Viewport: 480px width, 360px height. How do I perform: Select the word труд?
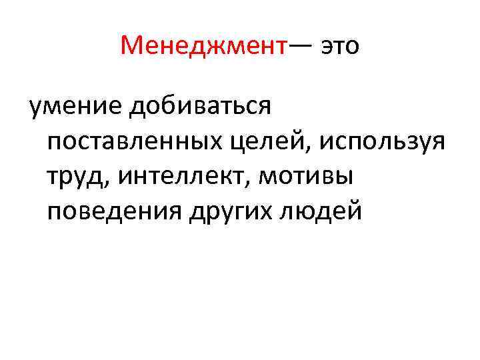[x=73, y=177]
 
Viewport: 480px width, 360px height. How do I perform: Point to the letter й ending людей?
[x=355, y=211]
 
